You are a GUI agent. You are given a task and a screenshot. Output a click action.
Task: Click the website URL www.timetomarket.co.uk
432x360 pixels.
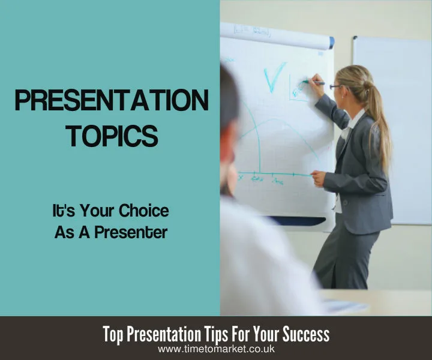pyautogui.click(x=215, y=349)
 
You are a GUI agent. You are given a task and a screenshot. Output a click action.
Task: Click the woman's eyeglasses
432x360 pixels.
pyautogui.click(x=335, y=87)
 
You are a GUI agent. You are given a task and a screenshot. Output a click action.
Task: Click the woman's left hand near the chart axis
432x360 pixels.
pyautogui.click(x=318, y=178)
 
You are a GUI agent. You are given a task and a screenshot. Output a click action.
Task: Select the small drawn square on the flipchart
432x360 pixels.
pyautogui.click(x=298, y=88)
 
